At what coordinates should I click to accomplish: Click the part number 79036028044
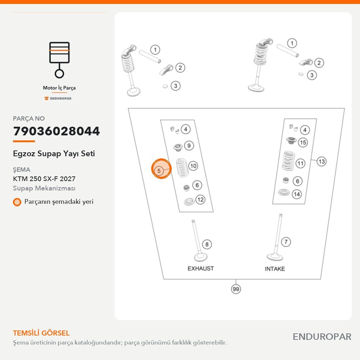(x=57, y=131)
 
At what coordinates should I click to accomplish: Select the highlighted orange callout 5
(x=161, y=168)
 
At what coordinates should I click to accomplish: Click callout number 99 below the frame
(x=236, y=289)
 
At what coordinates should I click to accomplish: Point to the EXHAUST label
(x=201, y=269)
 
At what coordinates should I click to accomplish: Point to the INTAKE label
(x=275, y=269)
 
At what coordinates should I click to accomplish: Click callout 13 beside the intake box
(x=321, y=161)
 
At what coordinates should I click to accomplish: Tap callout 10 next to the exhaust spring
(x=193, y=166)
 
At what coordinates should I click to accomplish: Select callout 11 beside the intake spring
(x=301, y=163)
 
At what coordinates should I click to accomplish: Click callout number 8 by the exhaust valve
(x=207, y=244)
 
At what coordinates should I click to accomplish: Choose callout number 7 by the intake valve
(x=286, y=242)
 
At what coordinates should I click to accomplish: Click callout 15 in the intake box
(x=303, y=142)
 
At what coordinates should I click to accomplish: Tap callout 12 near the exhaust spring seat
(x=201, y=199)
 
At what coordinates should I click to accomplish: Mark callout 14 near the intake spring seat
(x=297, y=194)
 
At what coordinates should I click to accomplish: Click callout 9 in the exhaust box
(x=189, y=145)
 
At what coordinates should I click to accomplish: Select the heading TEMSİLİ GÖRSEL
(x=41, y=333)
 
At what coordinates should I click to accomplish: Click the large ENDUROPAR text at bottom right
(x=322, y=337)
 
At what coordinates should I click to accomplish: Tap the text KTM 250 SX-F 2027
(x=44, y=179)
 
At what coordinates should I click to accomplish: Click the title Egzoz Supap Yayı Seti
(x=54, y=154)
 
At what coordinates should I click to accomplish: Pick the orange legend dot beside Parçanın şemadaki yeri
(x=17, y=202)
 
